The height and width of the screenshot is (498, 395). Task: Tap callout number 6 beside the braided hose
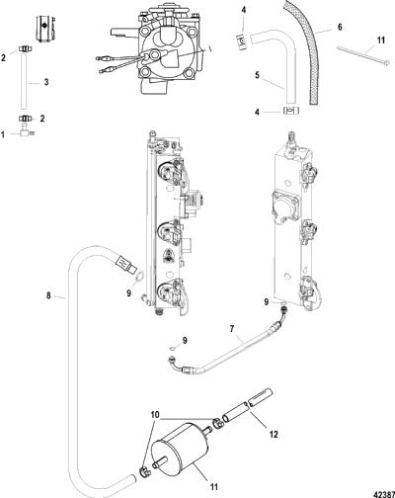point(340,27)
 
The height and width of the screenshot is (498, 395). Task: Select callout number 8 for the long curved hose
point(48,295)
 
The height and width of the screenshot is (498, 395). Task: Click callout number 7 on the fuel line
point(232,329)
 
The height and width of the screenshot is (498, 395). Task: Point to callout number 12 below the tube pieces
point(274,435)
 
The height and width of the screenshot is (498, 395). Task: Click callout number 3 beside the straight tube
point(46,82)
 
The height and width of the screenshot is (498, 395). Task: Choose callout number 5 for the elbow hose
point(257,75)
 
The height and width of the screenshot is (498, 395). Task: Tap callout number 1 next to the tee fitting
point(3,134)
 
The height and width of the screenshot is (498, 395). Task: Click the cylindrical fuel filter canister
point(180,449)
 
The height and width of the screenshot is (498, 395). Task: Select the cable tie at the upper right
point(363,55)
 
